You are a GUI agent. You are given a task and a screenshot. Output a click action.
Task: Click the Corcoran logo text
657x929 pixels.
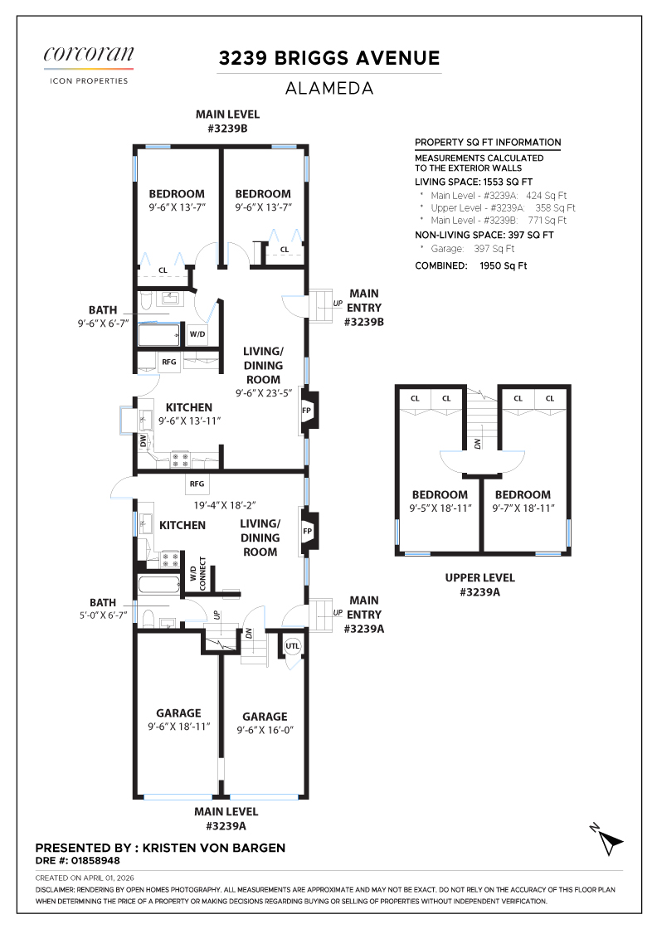pos(89,54)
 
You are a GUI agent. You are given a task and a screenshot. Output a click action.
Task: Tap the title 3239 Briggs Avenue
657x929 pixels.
pos(329,58)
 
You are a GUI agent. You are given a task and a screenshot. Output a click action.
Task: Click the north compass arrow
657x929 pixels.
pos(606,839)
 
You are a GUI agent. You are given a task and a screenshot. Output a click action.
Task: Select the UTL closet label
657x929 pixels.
pos(293,646)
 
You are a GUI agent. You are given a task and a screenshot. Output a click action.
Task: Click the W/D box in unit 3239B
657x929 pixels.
pos(197,334)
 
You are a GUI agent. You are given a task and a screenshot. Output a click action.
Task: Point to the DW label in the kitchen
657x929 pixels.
pos(143,440)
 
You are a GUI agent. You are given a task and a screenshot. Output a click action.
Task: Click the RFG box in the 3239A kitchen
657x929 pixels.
pos(197,484)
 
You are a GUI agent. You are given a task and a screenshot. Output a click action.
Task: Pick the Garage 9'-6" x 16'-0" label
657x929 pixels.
pos(265,723)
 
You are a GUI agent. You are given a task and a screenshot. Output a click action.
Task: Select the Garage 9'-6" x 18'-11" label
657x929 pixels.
pos(179,720)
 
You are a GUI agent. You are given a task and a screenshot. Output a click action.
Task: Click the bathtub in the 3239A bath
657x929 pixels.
pos(158,586)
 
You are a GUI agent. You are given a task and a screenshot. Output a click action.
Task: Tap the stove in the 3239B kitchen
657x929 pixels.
pos(180,460)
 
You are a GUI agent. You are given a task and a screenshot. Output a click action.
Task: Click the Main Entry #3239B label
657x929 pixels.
pos(363,308)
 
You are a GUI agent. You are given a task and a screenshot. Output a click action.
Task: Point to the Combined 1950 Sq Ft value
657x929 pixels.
pos(503,265)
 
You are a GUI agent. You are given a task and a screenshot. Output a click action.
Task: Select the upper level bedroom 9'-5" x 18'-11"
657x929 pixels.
pos(440,501)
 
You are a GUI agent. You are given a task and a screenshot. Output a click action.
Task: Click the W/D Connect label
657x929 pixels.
pos(198,573)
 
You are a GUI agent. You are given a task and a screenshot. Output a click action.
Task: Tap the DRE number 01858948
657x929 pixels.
pos(95,860)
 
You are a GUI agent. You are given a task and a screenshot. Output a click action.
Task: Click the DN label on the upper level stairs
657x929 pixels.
pos(478,443)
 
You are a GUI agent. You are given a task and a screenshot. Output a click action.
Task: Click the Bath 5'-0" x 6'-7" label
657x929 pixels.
pos(103,609)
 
